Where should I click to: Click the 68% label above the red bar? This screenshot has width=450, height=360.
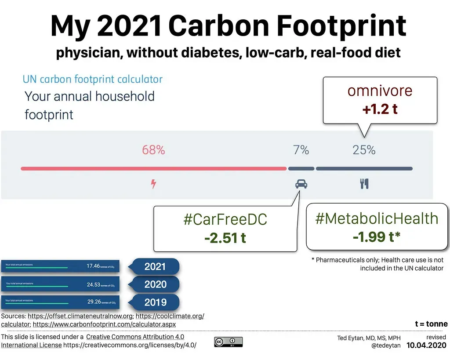point(153,150)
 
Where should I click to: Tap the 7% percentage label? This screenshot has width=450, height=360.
point(301,150)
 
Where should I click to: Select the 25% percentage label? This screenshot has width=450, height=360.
point(364,150)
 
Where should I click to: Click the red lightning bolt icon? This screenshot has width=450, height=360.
point(153,184)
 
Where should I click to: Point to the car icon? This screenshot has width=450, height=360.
point(301,184)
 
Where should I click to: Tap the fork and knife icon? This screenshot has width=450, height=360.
point(364,184)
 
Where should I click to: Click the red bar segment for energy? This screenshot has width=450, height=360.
point(153,168)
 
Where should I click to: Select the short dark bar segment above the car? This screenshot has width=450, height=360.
point(301,168)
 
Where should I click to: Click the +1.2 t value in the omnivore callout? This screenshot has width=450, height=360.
point(380,109)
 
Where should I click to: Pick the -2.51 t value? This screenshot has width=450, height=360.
point(225,238)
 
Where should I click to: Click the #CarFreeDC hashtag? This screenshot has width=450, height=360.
point(225,220)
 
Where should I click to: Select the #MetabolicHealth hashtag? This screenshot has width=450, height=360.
point(377,218)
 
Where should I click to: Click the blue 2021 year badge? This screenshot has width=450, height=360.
point(155,266)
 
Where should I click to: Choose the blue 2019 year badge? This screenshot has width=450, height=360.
point(155,302)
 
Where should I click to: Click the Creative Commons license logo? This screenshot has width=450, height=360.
point(228,342)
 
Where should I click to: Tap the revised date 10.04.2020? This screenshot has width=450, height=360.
point(426,345)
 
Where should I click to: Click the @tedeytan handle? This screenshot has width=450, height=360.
point(386,346)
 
